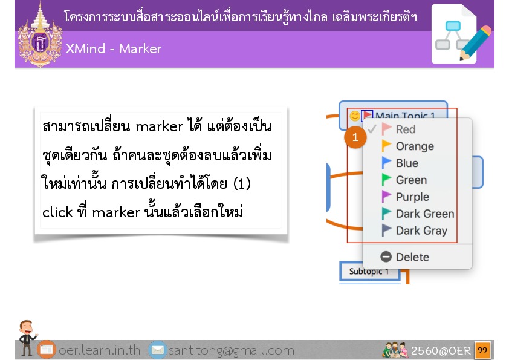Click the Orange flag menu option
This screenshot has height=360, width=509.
coord(407,146)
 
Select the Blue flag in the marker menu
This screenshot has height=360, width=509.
coord(400,163)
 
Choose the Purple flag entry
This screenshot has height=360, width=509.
coord(405,197)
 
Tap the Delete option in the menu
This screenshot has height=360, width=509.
coord(404,257)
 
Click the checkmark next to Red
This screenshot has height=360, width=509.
coord(372,129)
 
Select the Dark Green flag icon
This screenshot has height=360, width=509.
coord(386,214)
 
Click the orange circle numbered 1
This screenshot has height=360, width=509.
coord(355,137)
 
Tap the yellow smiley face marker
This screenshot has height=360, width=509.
coord(355,116)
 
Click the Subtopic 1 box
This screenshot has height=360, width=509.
coord(370,271)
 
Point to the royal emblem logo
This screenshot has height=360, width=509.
coord(40,36)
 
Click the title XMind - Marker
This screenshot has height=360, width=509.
coord(113,49)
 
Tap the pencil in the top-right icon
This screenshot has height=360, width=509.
coord(475,43)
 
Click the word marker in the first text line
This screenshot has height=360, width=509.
coord(159,126)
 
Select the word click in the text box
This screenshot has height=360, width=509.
coord(57,212)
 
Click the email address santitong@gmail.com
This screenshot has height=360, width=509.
coord(231,350)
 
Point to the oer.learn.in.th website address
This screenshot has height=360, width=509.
coord(99,350)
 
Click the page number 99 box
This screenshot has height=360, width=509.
coord(482,350)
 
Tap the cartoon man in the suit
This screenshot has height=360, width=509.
coord(27,337)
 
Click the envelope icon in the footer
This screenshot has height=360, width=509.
coord(158,350)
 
